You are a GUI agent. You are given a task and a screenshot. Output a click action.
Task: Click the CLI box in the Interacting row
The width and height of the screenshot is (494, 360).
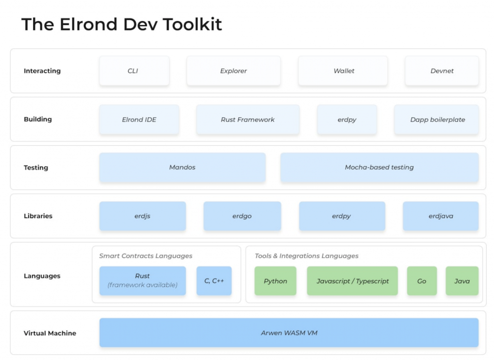point(134,70)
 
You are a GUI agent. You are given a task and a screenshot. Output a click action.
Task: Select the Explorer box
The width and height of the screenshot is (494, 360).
point(233,70)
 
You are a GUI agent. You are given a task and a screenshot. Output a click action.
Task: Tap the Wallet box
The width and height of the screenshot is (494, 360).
point(343,70)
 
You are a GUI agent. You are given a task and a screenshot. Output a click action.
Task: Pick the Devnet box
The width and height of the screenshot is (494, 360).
point(442,70)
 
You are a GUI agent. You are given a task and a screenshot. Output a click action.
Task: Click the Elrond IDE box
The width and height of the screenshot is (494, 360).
point(139,120)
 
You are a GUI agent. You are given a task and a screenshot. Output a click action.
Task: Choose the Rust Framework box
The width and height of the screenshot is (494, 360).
point(247,120)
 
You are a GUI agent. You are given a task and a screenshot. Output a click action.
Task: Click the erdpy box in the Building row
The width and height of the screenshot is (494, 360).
point(347,120)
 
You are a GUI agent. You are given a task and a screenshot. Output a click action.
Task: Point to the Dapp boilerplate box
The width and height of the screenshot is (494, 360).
point(436,120)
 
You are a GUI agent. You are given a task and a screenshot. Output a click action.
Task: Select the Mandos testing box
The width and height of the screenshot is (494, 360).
point(182,167)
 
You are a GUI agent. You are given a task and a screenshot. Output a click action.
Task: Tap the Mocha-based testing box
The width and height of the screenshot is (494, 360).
point(379,167)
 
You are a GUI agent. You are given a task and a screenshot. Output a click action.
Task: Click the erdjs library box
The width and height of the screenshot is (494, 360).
point(142,216)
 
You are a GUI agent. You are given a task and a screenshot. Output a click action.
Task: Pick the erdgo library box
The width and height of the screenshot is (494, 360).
point(242,216)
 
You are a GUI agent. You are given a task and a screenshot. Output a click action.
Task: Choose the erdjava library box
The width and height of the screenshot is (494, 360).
point(441,216)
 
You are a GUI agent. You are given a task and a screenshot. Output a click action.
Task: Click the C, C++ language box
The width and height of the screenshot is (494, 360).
point(214,280)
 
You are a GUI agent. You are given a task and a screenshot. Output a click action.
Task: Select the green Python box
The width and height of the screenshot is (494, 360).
point(275,280)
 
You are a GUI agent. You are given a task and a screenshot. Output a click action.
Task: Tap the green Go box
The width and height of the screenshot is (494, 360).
point(422,280)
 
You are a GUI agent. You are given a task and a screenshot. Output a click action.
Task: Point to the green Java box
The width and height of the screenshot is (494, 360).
point(462,280)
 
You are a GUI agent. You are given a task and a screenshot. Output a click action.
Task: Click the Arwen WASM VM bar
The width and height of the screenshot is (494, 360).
point(289,332)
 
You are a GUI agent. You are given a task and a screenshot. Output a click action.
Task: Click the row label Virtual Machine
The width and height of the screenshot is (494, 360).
point(50,333)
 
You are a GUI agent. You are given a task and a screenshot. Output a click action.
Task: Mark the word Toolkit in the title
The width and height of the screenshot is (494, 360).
point(192,24)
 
